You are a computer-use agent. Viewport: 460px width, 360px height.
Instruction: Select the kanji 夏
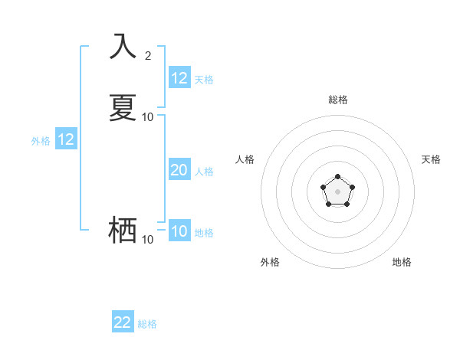[x=123, y=107]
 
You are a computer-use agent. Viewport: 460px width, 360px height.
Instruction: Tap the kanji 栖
[x=123, y=229]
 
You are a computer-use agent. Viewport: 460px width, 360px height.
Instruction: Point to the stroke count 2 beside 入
[x=148, y=56]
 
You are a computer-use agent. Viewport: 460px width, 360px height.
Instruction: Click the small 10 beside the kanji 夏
[x=148, y=117]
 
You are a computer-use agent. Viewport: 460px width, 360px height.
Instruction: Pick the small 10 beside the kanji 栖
[x=148, y=240]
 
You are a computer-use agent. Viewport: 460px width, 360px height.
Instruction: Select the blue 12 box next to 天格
[x=179, y=78]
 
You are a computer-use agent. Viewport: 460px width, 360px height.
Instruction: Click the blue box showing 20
[x=179, y=170]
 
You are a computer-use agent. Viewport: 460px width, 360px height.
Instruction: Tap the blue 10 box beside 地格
[x=179, y=231]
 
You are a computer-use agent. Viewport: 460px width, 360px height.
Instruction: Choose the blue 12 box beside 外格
[x=66, y=139]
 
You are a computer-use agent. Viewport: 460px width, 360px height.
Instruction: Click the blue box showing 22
[x=123, y=322]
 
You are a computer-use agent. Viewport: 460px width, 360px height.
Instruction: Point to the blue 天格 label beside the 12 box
[x=204, y=79]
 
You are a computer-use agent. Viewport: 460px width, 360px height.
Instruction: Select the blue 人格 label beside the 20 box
[x=204, y=172]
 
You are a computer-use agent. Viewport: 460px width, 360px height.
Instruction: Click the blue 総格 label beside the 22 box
[x=147, y=324]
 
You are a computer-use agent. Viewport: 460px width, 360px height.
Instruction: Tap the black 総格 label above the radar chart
[x=338, y=100]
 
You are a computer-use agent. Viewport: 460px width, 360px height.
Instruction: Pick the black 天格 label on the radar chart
[x=431, y=159]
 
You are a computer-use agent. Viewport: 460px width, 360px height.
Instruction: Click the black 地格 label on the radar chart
[x=402, y=262]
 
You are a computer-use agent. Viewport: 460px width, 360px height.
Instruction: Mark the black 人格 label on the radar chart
[x=245, y=159]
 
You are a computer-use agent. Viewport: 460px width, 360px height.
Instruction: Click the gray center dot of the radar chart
[x=337, y=191]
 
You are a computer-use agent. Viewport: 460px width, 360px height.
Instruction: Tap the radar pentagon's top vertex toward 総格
[x=337, y=176]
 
